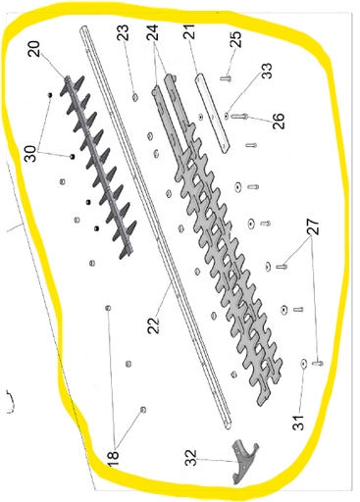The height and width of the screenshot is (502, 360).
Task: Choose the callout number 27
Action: (312, 227)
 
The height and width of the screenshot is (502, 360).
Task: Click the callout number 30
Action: (30, 153)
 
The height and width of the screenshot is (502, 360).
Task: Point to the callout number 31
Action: (298, 423)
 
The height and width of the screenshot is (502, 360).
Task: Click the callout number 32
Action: (189, 458)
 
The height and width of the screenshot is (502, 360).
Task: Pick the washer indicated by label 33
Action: (225, 114)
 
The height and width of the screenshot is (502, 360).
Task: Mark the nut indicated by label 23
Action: (135, 95)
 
